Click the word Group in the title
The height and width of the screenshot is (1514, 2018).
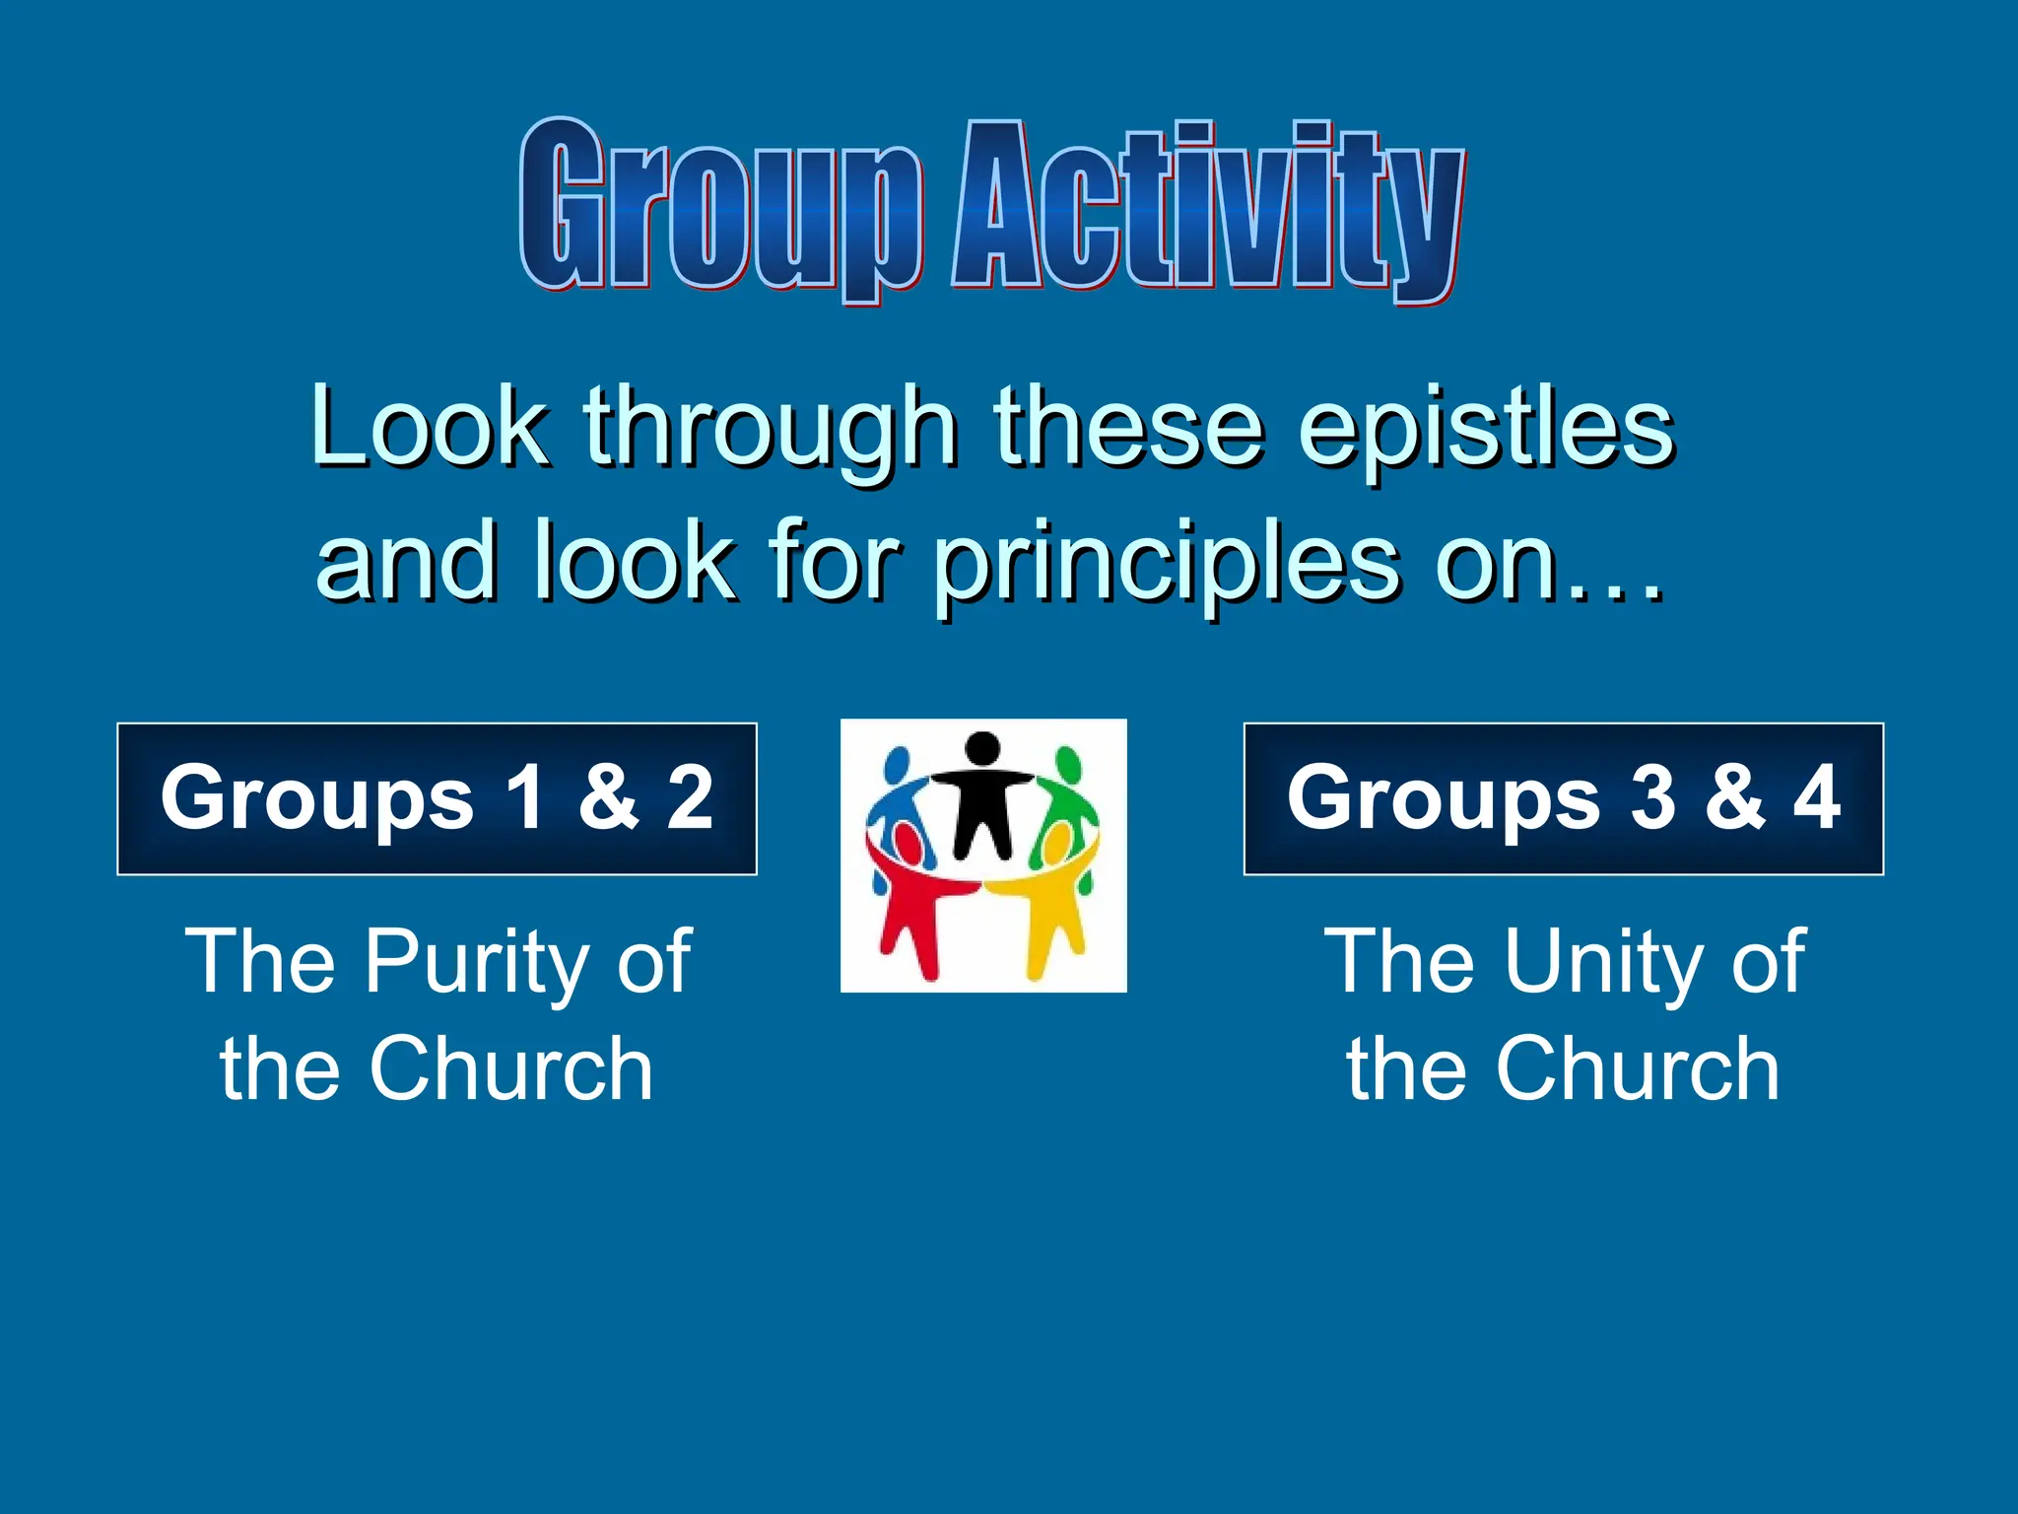coord(719,207)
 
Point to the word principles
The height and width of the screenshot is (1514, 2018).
coord(1168,564)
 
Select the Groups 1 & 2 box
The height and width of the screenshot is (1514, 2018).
coord(437,798)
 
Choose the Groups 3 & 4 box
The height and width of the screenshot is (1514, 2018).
coord(1563,798)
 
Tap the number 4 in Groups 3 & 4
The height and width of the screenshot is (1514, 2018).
coord(1816,796)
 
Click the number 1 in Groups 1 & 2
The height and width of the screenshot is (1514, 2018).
coord(524,796)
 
